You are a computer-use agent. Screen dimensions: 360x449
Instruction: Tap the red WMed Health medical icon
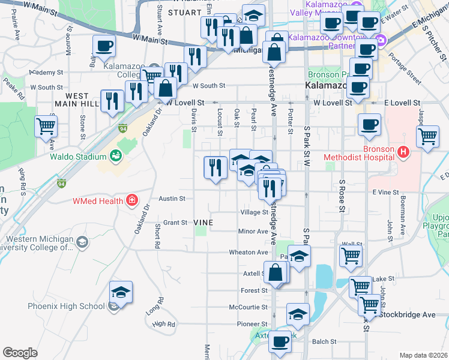(131, 200)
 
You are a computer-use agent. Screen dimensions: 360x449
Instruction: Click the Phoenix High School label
(66, 306)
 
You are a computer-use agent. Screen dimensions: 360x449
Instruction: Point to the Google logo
(20, 353)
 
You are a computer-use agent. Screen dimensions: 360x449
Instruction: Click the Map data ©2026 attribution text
(423, 355)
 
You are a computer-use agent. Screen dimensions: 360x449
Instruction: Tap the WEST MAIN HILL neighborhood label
(82, 100)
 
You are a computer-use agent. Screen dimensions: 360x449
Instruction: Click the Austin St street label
(172, 198)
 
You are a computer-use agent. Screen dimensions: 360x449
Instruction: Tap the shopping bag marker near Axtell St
(275, 272)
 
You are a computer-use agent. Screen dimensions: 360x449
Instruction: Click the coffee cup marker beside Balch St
(279, 342)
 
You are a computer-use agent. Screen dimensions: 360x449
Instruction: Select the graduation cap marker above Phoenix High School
(121, 292)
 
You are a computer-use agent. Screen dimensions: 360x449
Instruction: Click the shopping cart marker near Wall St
(351, 256)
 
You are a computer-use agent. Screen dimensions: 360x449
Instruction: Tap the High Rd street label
(163, 324)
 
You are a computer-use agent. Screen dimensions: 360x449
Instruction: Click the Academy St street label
(45, 72)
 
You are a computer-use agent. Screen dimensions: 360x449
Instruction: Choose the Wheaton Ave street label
(248, 253)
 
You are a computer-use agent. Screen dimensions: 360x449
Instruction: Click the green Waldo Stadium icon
(116, 157)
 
